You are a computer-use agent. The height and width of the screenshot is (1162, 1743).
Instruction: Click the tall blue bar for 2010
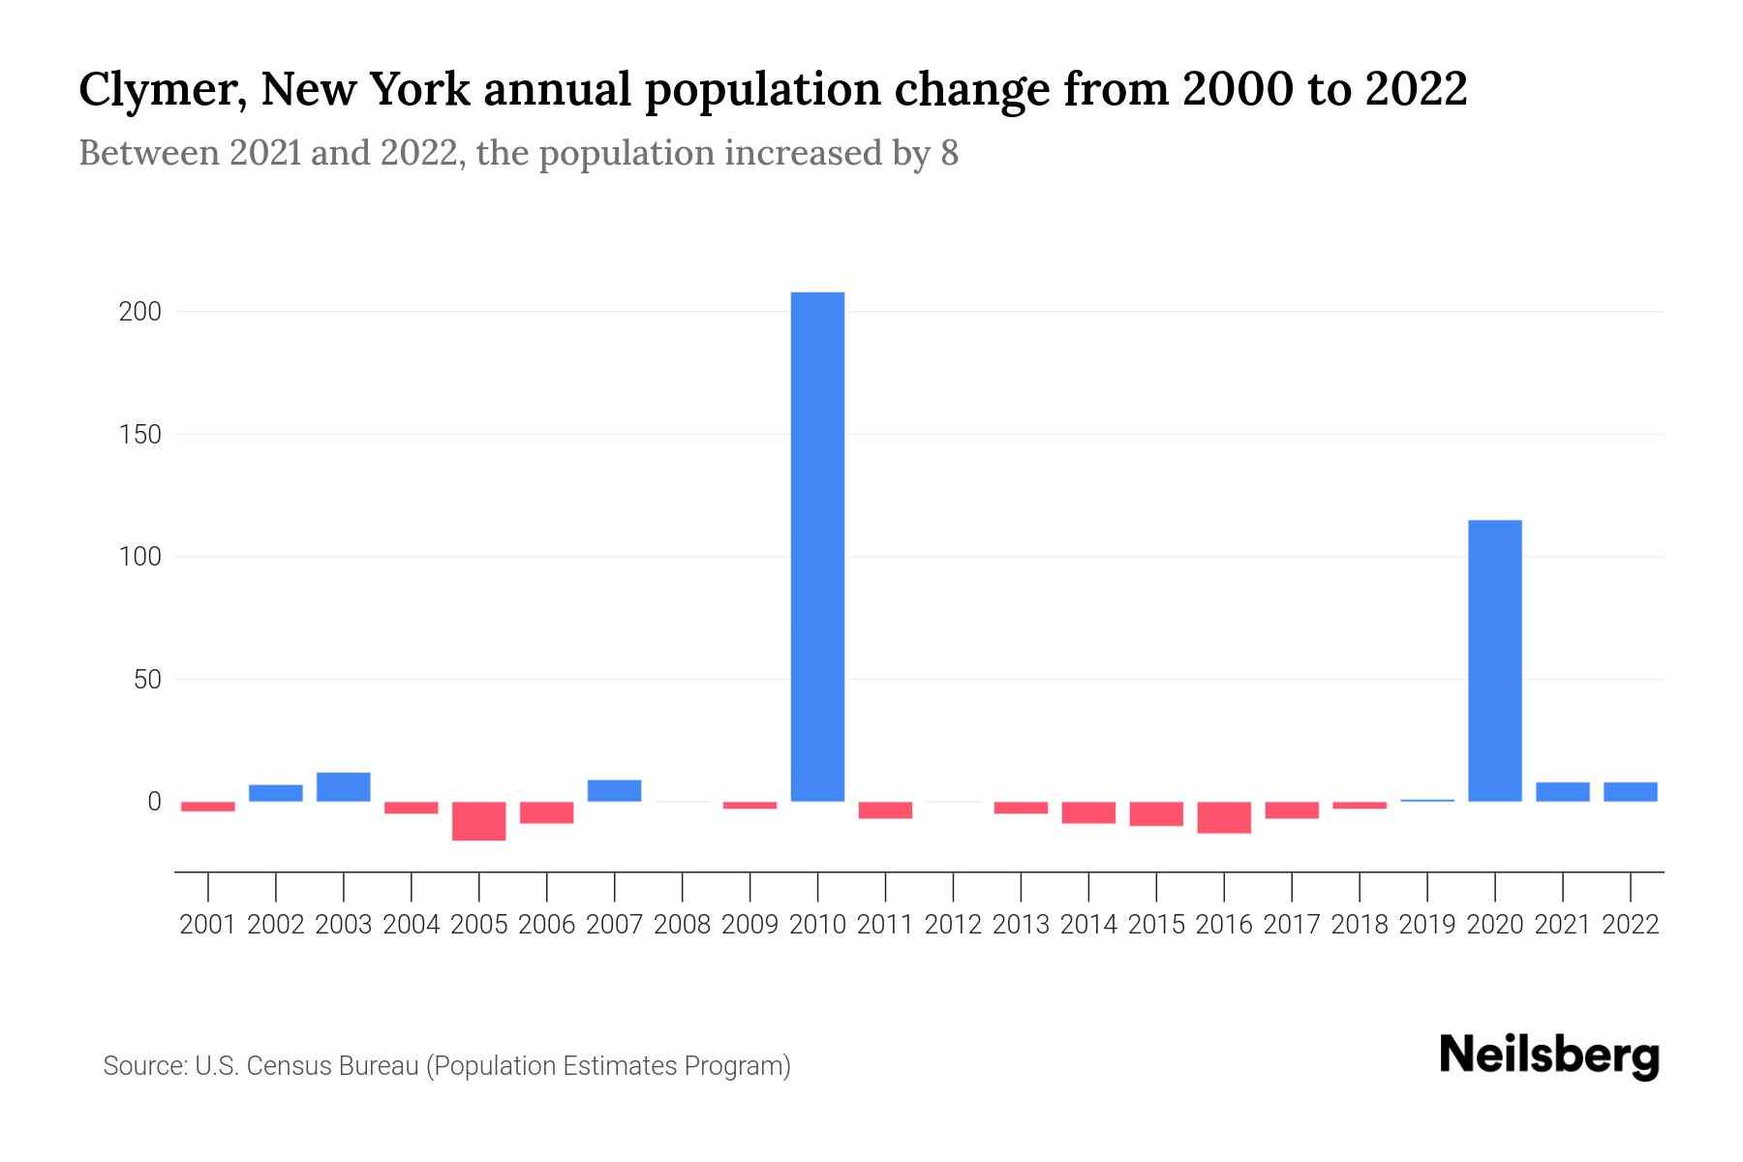817,546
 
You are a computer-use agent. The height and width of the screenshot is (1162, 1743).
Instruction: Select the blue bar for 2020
1494,660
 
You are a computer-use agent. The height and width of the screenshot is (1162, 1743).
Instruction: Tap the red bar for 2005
478,821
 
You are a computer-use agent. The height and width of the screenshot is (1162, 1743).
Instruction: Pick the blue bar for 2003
344,787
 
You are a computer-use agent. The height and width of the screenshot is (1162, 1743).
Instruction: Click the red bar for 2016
1224,817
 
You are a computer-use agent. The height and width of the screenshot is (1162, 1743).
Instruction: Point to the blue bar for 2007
614,790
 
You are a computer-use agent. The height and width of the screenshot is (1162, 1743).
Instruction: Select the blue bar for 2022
1630,791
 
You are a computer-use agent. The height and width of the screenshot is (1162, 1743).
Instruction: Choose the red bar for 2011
885,810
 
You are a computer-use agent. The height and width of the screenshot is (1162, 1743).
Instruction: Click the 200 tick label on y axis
140,312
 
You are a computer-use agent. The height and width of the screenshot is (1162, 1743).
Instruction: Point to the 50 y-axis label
147,680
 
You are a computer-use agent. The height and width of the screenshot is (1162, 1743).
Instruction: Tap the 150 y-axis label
140,435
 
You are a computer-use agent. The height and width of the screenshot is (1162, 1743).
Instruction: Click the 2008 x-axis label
682,925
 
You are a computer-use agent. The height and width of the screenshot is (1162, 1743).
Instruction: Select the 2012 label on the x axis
953,925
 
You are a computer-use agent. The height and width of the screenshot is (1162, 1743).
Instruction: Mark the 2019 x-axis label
1427,925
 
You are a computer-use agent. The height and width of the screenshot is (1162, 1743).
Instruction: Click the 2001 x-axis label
208,925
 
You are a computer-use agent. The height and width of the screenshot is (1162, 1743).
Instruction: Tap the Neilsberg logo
1549,1055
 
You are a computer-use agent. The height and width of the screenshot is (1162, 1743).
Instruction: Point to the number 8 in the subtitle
949,153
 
